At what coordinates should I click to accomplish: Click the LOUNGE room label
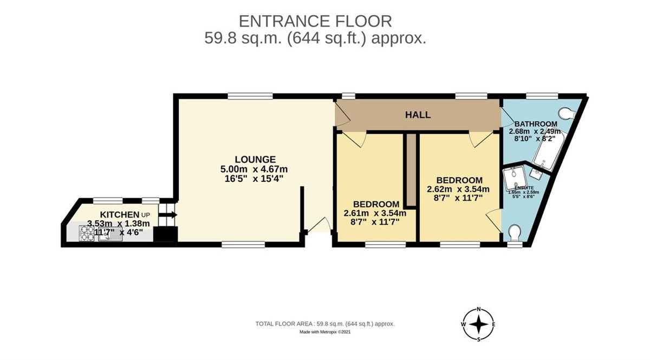point(255,159)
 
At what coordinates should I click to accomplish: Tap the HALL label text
point(418,115)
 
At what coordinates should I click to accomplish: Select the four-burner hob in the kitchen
point(87,234)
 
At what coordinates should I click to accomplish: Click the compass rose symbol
point(479,325)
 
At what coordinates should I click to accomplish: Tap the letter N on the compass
point(479,309)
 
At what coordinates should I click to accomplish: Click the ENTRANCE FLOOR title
point(316,21)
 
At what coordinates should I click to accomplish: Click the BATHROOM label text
point(536,123)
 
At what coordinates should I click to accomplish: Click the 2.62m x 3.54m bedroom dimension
point(458,189)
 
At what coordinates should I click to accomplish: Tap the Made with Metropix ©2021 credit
point(325,332)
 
